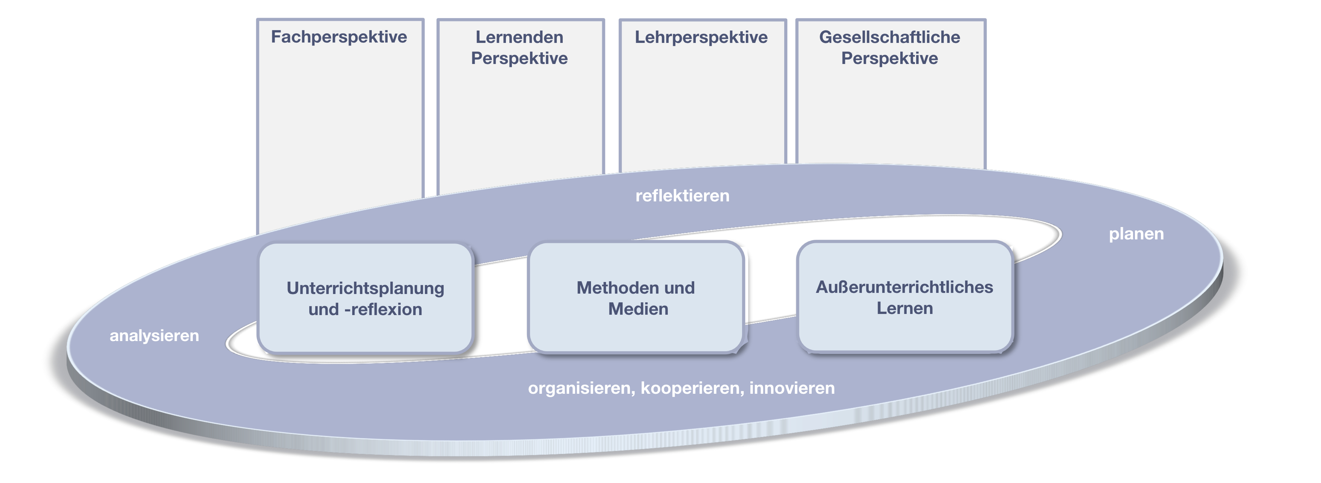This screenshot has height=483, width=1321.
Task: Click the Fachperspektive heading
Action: click(x=339, y=37)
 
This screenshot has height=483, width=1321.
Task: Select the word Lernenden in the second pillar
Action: click(x=519, y=37)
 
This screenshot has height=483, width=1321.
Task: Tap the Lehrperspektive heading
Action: click(x=701, y=37)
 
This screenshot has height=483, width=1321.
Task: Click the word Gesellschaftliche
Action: click(x=889, y=37)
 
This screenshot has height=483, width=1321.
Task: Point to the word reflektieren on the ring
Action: click(x=682, y=195)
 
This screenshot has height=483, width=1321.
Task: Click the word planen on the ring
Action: click(x=1136, y=234)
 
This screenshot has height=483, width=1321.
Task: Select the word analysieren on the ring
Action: click(x=154, y=335)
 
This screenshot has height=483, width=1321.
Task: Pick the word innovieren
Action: click(x=792, y=388)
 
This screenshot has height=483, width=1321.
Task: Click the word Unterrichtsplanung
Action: click(x=365, y=288)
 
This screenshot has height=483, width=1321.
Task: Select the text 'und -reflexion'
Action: click(x=365, y=310)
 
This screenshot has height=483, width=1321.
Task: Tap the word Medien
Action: click(x=638, y=309)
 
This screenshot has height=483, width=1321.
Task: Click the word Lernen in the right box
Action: click(x=905, y=308)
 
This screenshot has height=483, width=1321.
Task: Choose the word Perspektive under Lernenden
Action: click(x=519, y=58)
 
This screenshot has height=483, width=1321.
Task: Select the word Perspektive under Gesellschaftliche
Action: click(x=889, y=58)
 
